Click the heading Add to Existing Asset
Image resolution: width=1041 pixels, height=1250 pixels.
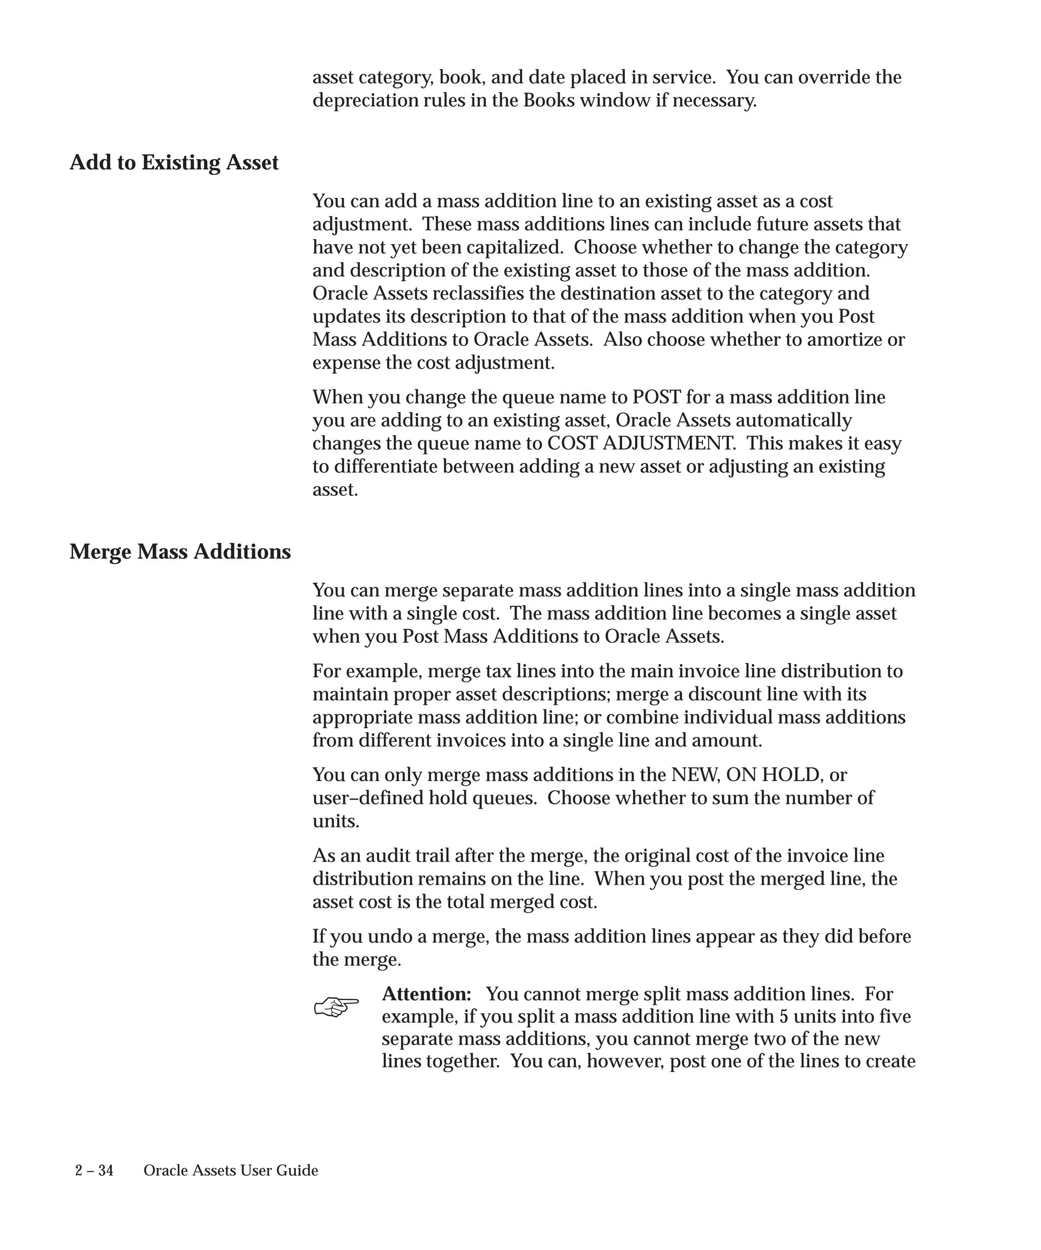pyautogui.click(x=174, y=163)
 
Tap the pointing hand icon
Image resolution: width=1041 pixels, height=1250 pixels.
pyautogui.click(x=336, y=1007)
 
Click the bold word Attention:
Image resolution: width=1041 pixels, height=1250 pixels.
pyautogui.click(x=426, y=994)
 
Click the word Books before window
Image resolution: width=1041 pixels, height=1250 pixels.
pyautogui.click(x=548, y=101)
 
